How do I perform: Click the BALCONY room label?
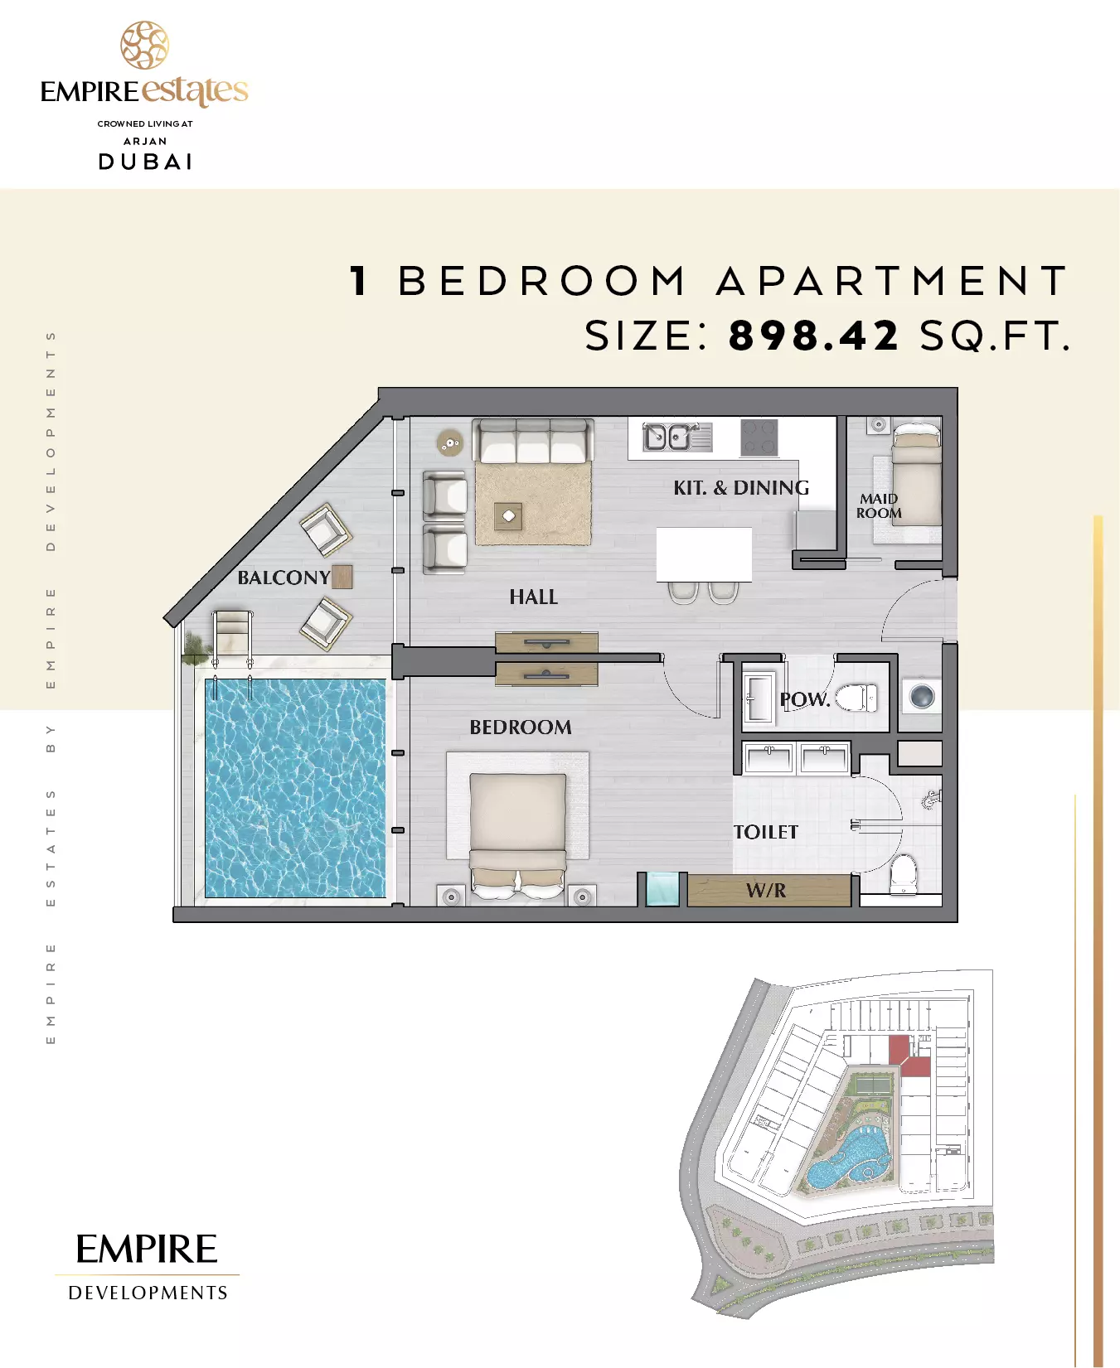(x=284, y=578)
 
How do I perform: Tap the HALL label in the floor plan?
(x=533, y=597)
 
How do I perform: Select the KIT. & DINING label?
(x=741, y=487)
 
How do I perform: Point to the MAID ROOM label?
(x=879, y=505)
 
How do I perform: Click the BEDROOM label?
(x=521, y=727)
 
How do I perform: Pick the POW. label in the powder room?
(x=804, y=699)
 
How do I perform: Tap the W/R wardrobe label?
(x=766, y=891)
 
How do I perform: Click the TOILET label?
(x=766, y=832)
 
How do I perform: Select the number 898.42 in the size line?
(x=813, y=336)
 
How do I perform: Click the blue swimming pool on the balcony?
(x=295, y=788)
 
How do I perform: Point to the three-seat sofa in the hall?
(x=532, y=441)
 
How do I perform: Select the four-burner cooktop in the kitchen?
(x=759, y=438)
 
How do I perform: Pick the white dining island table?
(x=704, y=554)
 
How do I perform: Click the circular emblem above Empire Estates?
(x=145, y=45)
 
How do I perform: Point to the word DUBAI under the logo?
(x=145, y=162)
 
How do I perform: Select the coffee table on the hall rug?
(x=508, y=516)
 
